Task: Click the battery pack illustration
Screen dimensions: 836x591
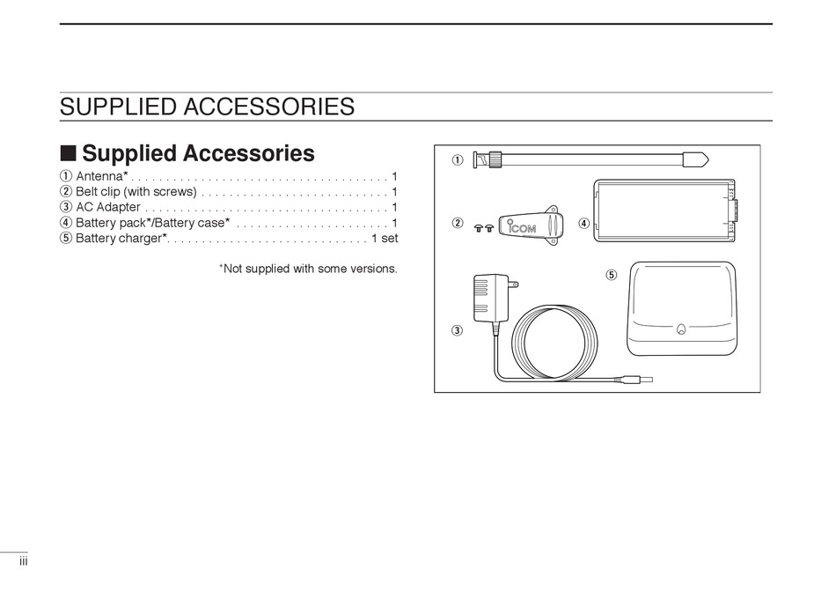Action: click(664, 210)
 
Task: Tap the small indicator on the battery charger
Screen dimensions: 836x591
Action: click(681, 331)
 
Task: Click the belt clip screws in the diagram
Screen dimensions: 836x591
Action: click(482, 226)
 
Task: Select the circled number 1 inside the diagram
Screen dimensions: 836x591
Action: click(458, 160)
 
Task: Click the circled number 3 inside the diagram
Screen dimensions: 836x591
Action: click(458, 331)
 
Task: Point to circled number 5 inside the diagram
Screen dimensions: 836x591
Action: click(612, 275)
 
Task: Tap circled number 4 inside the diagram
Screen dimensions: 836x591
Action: click(583, 224)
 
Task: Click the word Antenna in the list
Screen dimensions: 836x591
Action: click(99, 176)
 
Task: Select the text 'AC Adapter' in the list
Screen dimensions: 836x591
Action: click(107, 207)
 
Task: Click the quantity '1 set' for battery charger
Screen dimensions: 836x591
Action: click(385, 239)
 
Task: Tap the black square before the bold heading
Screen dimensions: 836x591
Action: click(68, 153)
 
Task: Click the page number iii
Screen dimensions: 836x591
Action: click(25, 561)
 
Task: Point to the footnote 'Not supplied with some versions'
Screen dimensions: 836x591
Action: click(310, 269)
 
